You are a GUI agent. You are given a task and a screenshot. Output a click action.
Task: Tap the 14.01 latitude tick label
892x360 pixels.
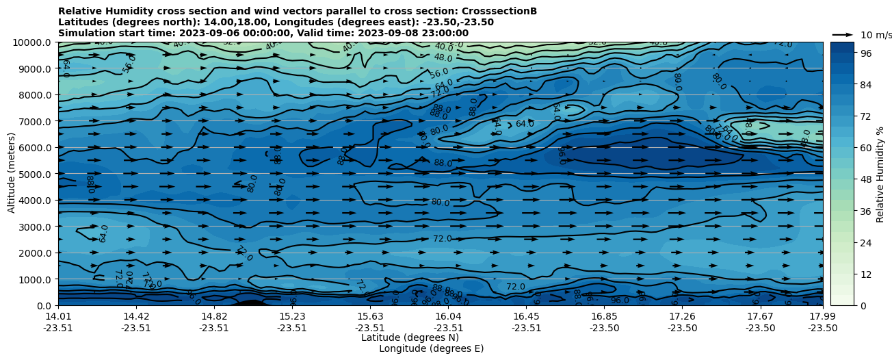click(58, 316)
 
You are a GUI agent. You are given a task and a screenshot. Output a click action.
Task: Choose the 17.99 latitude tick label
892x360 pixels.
click(822, 316)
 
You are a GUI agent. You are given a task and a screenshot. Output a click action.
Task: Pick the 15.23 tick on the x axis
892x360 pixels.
click(292, 316)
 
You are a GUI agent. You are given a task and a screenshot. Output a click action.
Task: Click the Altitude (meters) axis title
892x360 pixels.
click(12, 174)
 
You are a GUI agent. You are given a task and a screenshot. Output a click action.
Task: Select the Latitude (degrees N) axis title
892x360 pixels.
click(410, 337)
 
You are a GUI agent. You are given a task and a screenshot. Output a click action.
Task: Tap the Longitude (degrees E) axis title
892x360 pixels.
click(431, 348)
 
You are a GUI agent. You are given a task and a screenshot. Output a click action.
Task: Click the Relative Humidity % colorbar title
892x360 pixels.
click(880, 174)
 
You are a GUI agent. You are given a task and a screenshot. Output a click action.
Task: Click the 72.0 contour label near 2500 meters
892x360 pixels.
click(443, 238)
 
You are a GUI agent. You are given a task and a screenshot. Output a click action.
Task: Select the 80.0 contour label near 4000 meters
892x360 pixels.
click(440, 203)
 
